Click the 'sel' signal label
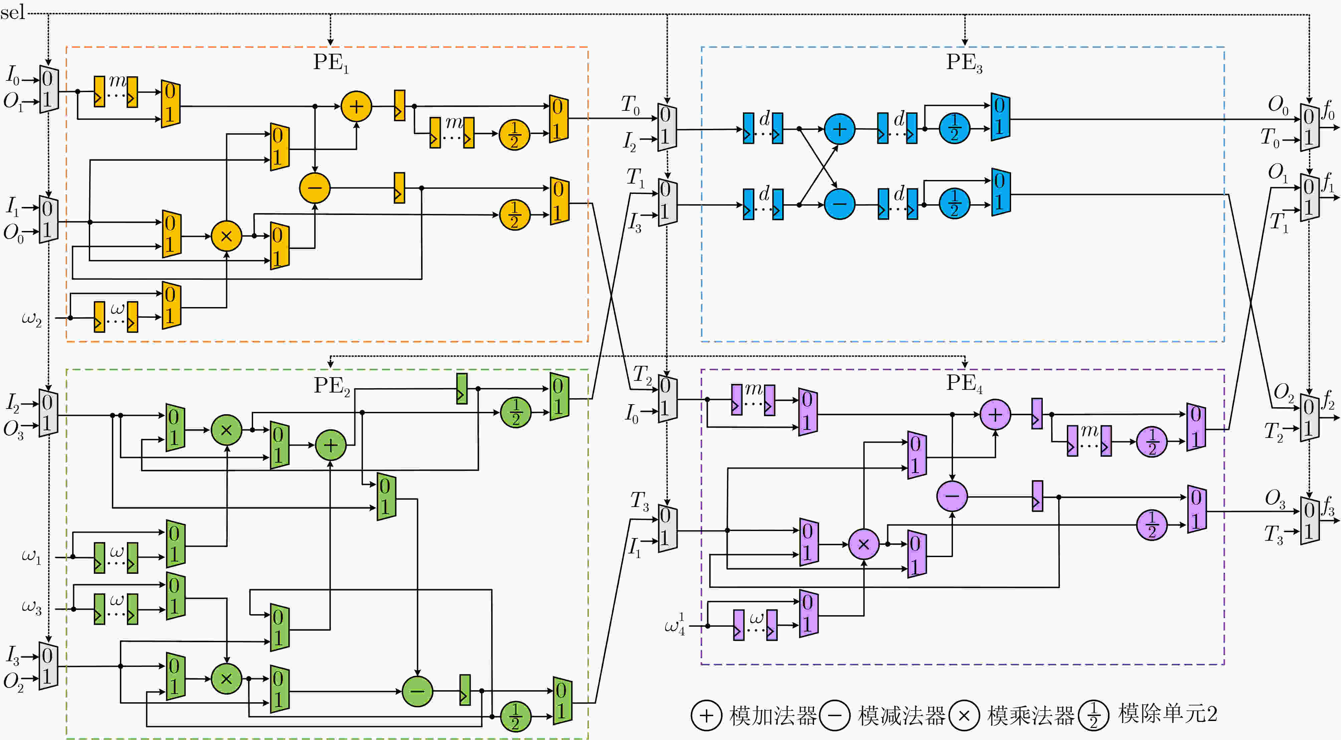click(12, 11)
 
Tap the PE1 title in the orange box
click(331, 63)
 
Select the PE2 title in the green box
click(332, 386)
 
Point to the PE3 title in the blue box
click(964, 63)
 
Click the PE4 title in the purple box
click(964, 384)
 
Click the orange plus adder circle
click(356, 107)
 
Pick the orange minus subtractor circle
click(315, 188)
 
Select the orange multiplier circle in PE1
click(226, 236)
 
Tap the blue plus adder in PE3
click(839, 129)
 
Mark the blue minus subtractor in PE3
click(839, 204)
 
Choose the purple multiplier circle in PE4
click(864, 544)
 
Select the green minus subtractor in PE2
click(417, 691)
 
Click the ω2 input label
click(31, 318)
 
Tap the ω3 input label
click(31, 607)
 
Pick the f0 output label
click(1329, 111)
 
